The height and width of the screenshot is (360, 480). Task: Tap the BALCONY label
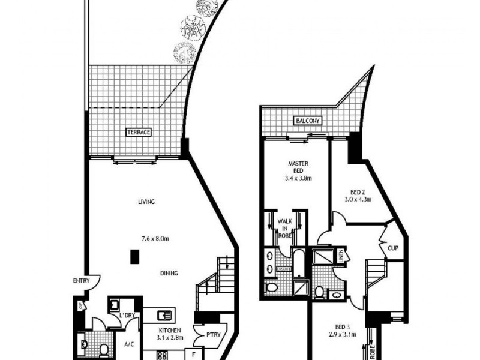308,121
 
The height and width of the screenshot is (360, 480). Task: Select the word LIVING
146,202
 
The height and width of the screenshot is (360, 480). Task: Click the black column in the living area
136,257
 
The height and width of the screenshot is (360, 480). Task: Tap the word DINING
169,273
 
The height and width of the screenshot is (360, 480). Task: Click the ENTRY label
81,281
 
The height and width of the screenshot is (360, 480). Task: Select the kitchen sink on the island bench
166,314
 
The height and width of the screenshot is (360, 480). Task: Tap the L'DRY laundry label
125,316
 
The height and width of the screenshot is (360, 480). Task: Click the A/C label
128,344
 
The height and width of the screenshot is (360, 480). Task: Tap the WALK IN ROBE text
283,229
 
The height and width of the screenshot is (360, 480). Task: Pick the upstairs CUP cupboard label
393,247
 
